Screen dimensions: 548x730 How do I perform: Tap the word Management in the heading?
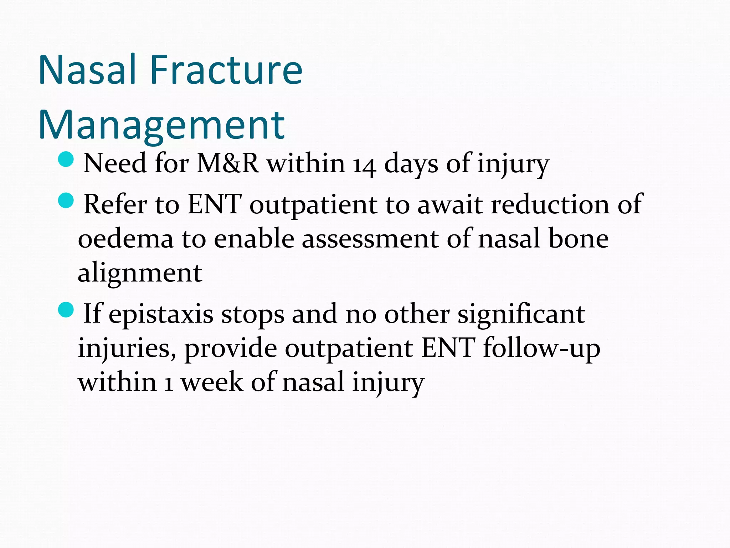[x=161, y=126]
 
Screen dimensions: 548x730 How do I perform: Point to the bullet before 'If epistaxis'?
[x=66, y=309]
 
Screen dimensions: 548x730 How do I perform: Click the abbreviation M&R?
[x=228, y=163]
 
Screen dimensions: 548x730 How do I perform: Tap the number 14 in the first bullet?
[x=364, y=165]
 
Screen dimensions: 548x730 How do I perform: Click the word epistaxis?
[x=161, y=315]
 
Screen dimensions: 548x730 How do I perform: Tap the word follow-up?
[x=542, y=349]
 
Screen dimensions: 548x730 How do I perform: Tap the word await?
[x=450, y=205]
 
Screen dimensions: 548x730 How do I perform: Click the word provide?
[x=231, y=349]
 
